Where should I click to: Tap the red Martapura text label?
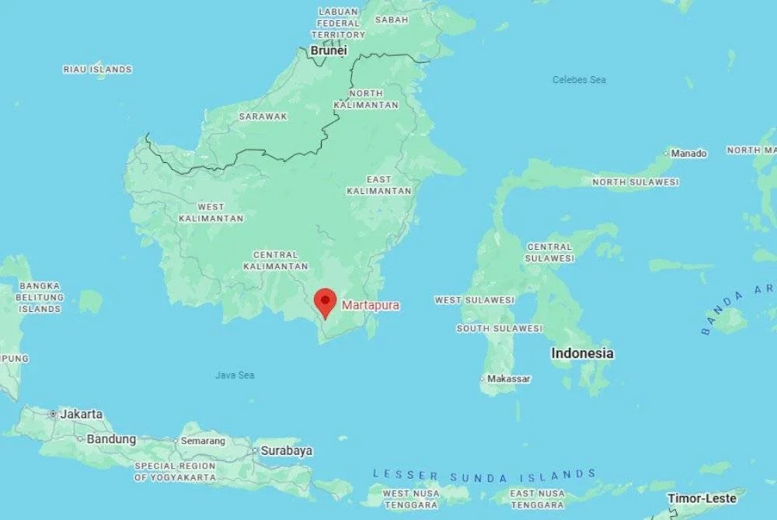point(371,306)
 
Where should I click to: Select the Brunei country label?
point(329,50)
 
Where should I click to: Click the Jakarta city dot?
point(53,414)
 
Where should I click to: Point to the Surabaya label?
point(286,450)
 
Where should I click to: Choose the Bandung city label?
point(111,439)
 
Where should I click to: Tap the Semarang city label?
point(203,441)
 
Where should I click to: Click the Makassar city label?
point(509,379)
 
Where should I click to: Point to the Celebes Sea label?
point(579,80)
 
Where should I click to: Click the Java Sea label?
point(235,376)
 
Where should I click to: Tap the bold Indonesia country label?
point(582,353)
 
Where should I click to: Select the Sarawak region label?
point(263,116)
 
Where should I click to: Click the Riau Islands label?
point(97,70)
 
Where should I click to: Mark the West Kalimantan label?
point(211,213)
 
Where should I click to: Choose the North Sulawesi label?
point(635,182)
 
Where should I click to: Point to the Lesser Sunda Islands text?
point(484,474)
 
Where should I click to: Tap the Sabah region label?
point(392,19)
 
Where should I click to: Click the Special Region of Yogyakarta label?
point(175,472)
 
